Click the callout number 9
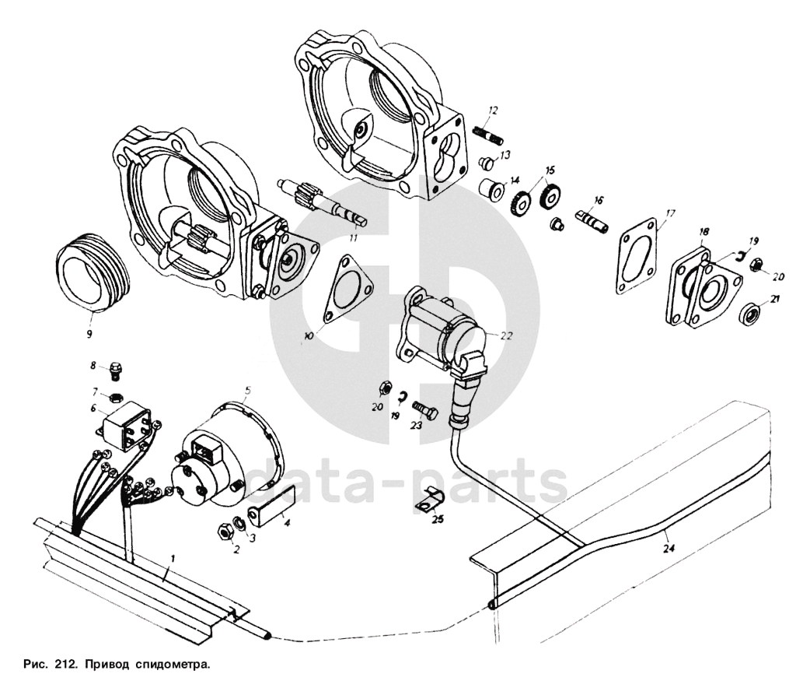point(89,334)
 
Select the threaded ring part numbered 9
point(89,272)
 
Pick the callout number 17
point(670,211)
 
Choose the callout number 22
point(508,337)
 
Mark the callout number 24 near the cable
point(669,549)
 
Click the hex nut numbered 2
point(222,531)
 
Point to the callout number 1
point(173,558)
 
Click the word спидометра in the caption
point(173,666)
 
